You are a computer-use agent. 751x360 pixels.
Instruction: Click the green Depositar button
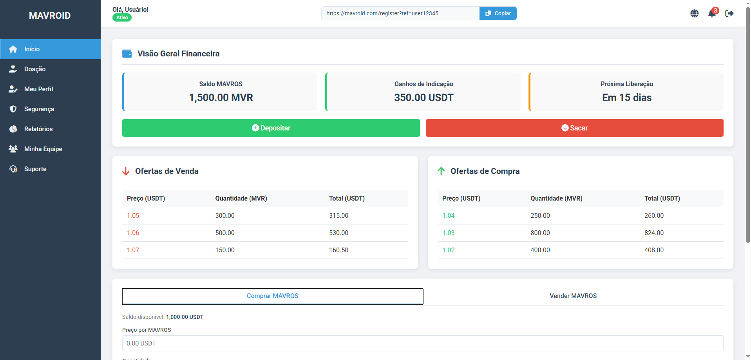(271, 128)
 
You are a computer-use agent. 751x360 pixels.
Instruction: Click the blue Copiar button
(498, 13)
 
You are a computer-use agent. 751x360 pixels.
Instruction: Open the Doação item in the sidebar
(35, 69)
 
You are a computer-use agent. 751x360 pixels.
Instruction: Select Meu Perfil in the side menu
(38, 89)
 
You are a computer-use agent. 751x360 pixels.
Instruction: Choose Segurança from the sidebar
(39, 109)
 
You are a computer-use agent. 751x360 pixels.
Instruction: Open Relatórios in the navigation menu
(38, 129)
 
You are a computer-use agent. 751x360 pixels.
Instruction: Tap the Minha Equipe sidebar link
(43, 149)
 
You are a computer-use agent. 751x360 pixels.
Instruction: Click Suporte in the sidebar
(35, 169)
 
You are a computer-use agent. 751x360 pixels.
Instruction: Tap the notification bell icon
(712, 14)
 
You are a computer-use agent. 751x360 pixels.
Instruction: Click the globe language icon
(695, 14)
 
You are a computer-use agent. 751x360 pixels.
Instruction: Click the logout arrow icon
(729, 14)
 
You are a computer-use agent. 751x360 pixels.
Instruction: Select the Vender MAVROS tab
(573, 296)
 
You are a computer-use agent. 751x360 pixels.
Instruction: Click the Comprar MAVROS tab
(272, 296)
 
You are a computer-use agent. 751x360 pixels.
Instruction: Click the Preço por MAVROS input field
(422, 344)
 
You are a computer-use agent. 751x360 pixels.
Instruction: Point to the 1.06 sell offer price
(133, 233)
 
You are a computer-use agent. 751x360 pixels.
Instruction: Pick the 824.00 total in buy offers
(654, 233)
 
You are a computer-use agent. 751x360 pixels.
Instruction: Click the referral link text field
(400, 13)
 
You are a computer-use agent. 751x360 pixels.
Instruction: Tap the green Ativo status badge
(122, 18)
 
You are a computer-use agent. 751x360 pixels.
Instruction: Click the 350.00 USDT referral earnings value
(423, 98)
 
